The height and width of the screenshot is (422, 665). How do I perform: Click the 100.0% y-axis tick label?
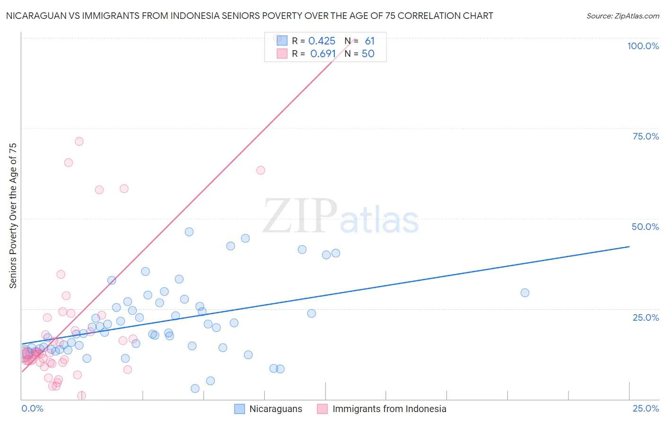coord(643,46)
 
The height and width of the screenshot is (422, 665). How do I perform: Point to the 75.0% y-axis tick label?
coord(646,136)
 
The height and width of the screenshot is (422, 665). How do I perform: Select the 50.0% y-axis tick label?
coord(645,227)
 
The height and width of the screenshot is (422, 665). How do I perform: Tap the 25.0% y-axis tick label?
coord(646,317)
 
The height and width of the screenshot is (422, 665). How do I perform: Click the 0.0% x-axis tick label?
coord(32,408)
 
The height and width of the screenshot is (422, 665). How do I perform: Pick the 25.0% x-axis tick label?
coord(646,408)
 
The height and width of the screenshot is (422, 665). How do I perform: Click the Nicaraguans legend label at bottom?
coord(275,409)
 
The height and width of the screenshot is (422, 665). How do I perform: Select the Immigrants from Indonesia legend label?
coord(389,409)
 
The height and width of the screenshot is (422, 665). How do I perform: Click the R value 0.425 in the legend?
coord(322,41)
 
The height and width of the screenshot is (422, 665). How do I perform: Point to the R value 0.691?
coord(323,54)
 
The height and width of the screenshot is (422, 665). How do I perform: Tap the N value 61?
coord(369,41)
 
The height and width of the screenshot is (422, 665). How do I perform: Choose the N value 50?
coord(368,54)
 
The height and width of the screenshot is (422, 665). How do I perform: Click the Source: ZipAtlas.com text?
coord(622,16)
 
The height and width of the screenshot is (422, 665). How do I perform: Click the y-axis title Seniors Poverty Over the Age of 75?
coord(13,215)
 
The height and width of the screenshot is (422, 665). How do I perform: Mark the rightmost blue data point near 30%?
coord(525,293)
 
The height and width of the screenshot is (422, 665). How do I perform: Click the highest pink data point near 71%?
coord(79,141)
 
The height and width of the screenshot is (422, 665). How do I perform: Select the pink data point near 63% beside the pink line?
coord(260,170)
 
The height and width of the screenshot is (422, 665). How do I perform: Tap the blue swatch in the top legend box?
coord(282,41)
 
